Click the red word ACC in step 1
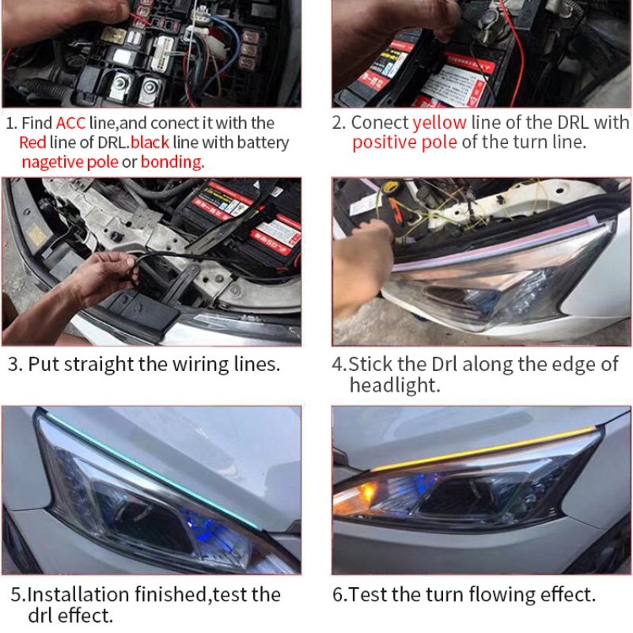tap(70, 123)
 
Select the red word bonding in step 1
tap(172, 162)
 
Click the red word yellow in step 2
tap(439, 123)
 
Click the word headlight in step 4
tap(394, 385)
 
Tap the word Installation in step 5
tap(78, 594)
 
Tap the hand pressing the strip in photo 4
tap(361, 263)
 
